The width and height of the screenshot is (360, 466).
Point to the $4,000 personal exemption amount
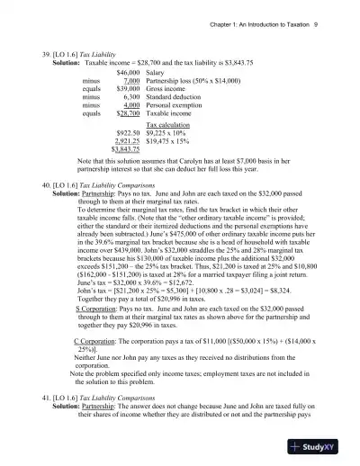click(x=130, y=104)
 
